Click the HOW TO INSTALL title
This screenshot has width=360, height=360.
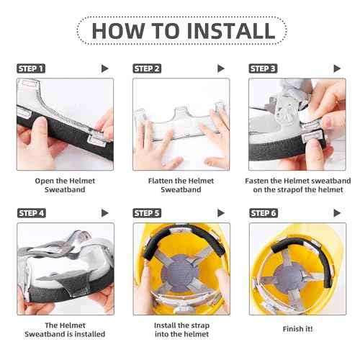pos(180,31)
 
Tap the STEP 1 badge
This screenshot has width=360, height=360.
pos(31,68)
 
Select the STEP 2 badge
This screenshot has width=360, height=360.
pos(148,68)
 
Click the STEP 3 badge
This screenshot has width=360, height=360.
pos(264,68)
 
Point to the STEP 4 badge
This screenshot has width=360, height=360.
pos(31,212)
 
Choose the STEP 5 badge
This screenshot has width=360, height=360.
pos(148,212)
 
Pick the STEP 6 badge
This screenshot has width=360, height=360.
pos(264,212)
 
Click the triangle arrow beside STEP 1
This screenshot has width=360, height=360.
pos(105,68)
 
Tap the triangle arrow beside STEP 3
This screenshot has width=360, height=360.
pos(338,68)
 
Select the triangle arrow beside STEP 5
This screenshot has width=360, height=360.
pos(222,212)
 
